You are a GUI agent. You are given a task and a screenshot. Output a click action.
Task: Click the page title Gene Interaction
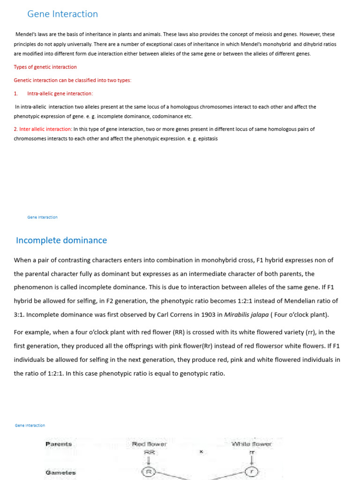[x=62, y=14]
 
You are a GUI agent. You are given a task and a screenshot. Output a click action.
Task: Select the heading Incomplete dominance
[x=61, y=240]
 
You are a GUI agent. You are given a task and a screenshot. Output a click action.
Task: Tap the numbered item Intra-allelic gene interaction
[x=60, y=94]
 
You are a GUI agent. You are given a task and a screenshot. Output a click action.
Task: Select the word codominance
[x=166, y=116]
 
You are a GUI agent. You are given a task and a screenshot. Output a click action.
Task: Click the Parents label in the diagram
[x=59, y=443]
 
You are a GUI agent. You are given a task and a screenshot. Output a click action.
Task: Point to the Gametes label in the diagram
[x=60, y=472]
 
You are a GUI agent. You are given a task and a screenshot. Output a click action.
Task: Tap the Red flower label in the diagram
[x=149, y=443]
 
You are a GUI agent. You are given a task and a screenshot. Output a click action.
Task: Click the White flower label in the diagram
[x=251, y=443]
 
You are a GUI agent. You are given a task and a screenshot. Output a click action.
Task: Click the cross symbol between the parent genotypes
[x=201, y=452]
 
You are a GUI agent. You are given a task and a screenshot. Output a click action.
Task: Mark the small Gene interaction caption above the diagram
[x=30, y=425]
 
